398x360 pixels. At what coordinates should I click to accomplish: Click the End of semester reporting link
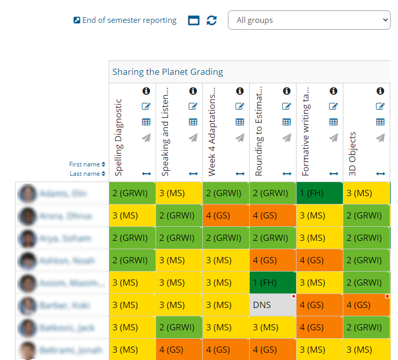[x=129, y=21]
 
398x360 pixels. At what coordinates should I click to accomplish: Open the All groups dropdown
[x=309, y=20]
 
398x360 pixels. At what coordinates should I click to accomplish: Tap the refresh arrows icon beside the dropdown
[x=211, y=20]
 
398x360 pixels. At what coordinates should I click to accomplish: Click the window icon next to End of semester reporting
[x=194, y=20]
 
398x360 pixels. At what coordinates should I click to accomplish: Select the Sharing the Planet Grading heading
[x=168, y=72]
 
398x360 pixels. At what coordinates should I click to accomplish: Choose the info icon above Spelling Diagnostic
[x=146, y=91]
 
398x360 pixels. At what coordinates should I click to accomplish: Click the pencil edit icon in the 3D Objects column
[x=380, y=107]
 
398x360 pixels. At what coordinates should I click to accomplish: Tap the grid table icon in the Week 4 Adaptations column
[x=240, y=122]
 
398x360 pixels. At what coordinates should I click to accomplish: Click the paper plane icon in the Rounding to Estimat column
[x=287, y=138]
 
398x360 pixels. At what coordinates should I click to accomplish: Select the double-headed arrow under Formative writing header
[x=333, y=174]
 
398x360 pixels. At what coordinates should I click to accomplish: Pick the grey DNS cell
[x=273, y=305]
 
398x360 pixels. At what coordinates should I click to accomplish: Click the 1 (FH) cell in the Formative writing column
[x=319, y=193]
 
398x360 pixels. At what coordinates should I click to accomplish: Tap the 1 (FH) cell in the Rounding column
[x=273, y=283]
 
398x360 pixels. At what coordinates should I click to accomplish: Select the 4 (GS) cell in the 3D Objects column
[x=366, y=305]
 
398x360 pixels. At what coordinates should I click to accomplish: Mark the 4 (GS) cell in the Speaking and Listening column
[x=179, y=350]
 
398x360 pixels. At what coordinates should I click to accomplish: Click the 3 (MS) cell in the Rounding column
[x=273, y=328]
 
